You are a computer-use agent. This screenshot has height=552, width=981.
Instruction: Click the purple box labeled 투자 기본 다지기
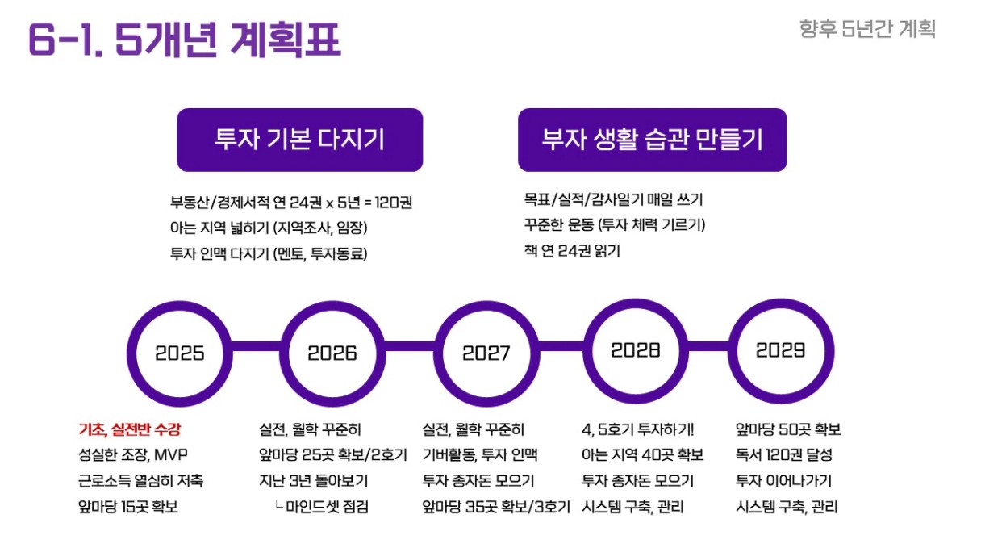300,140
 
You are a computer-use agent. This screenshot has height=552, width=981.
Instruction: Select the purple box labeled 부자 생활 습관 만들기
653,140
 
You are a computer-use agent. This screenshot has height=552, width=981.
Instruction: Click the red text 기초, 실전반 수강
130,429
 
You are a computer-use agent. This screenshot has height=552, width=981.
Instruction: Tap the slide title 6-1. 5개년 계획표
185,40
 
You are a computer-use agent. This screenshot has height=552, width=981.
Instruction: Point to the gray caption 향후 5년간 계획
867,29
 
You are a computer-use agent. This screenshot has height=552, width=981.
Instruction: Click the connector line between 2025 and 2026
257,346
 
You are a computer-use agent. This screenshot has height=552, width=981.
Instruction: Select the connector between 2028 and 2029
708,346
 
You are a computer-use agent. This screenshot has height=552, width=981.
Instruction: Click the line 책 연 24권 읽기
572,251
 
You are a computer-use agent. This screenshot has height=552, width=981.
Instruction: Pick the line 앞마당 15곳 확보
128,507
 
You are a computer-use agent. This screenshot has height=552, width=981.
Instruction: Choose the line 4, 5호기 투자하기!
637,429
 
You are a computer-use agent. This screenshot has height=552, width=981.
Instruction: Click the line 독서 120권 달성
784,454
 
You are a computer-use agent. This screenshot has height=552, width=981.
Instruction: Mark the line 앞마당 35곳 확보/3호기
496,507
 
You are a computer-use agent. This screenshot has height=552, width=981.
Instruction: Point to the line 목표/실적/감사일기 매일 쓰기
614,200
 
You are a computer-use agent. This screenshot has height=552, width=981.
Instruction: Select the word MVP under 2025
171,454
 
